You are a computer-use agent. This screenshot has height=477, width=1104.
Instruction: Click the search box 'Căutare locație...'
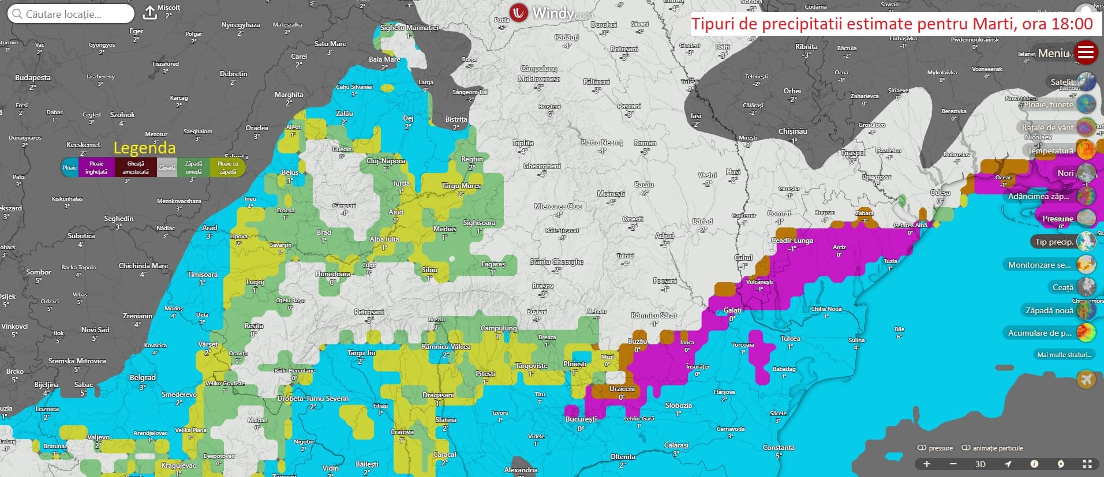tap(70, 14)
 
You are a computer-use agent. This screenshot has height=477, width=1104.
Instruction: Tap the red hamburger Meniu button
tap(1086, 52)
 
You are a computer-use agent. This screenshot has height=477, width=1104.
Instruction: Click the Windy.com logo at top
tap(551, 13)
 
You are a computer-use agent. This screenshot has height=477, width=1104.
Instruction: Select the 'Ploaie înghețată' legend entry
tap(96, 167)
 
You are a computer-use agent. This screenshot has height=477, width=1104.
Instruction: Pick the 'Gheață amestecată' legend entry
tap(136, 167)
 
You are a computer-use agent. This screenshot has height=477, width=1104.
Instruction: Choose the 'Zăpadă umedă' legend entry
tap(193, 167)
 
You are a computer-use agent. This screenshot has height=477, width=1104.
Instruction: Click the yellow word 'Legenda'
tap(144, 148)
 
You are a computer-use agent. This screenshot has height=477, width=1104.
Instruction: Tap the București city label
tap(581, 419)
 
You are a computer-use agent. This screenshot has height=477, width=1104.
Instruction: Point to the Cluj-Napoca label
tap(386, 161)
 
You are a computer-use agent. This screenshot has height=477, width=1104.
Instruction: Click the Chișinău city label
tap(792, 131)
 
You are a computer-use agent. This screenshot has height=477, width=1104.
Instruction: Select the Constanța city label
tap(779, 448)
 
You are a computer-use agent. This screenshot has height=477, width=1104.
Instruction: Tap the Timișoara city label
tap(202, 275)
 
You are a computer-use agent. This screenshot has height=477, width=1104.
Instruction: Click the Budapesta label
tap(33, 77)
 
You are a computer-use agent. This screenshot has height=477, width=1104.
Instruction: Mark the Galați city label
tap(732, 310)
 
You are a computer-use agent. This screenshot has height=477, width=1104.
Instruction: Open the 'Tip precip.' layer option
tap(1054, 242)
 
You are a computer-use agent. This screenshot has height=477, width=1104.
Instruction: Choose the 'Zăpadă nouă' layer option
tap(1049, 310)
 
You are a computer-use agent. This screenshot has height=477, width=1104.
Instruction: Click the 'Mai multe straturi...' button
tap(1064, 355)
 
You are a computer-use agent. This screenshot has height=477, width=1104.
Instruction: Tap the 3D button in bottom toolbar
tap(980, 464)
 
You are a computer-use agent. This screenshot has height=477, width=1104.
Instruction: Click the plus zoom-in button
tap(927, 464)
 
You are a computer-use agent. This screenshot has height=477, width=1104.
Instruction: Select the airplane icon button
tap(1086, 380)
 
